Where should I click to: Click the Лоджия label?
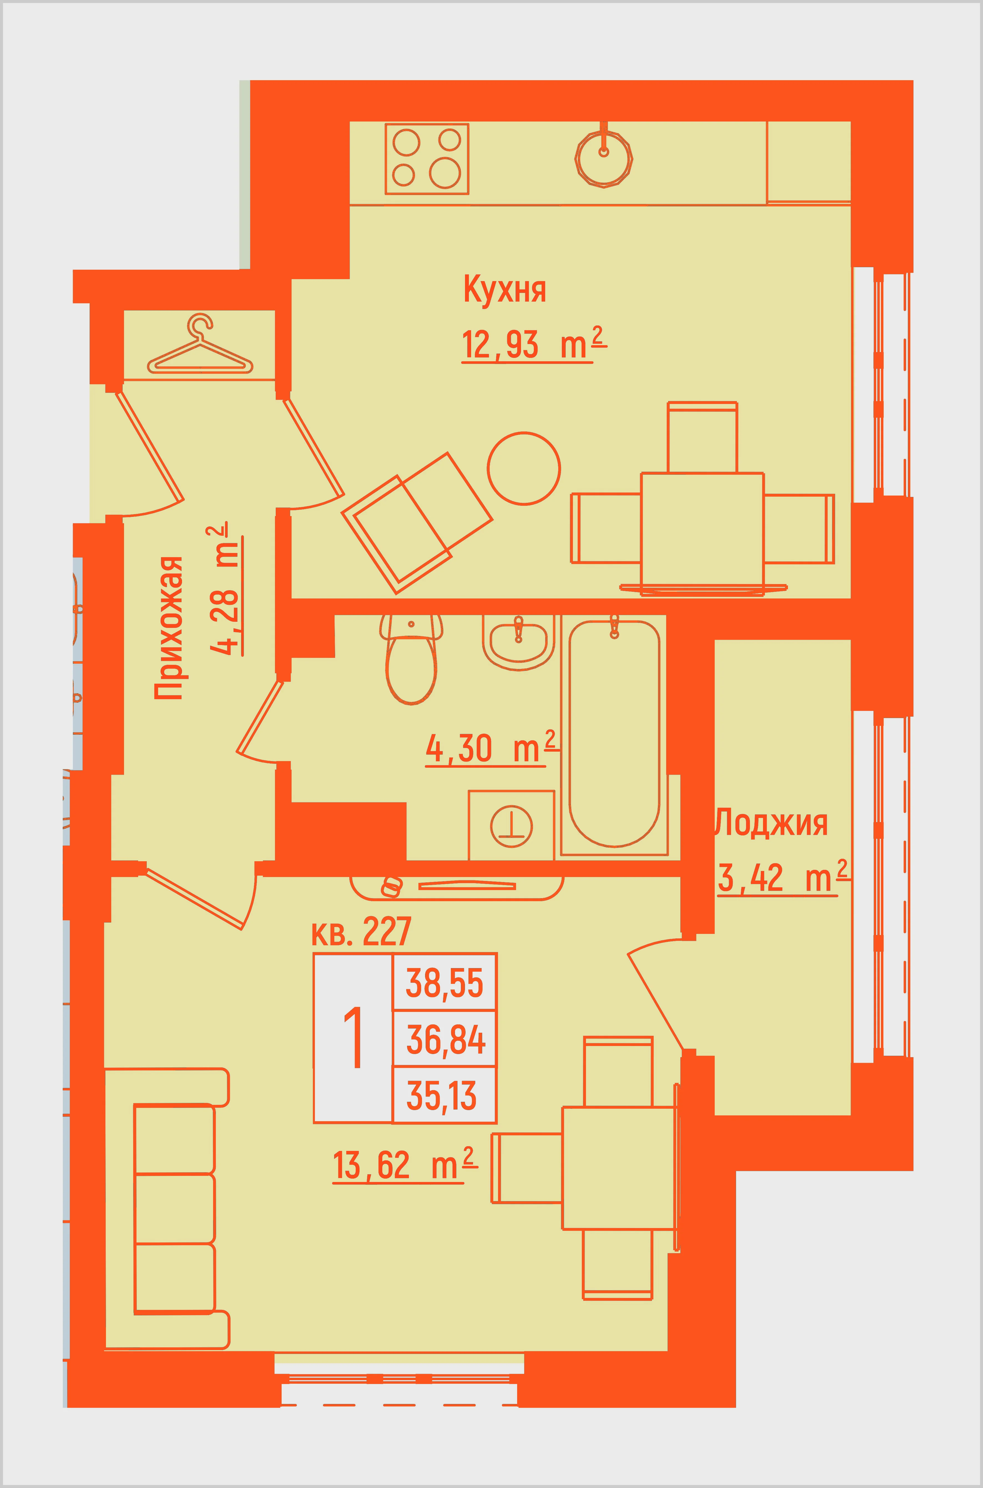pos(771,823)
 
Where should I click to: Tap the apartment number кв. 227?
pos(361,931)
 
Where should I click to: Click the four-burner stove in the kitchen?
pos(427,159)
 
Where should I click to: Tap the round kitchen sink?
pos(604,157)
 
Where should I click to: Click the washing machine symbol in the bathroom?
pos(512,825)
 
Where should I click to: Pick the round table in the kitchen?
pos(524,468)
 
